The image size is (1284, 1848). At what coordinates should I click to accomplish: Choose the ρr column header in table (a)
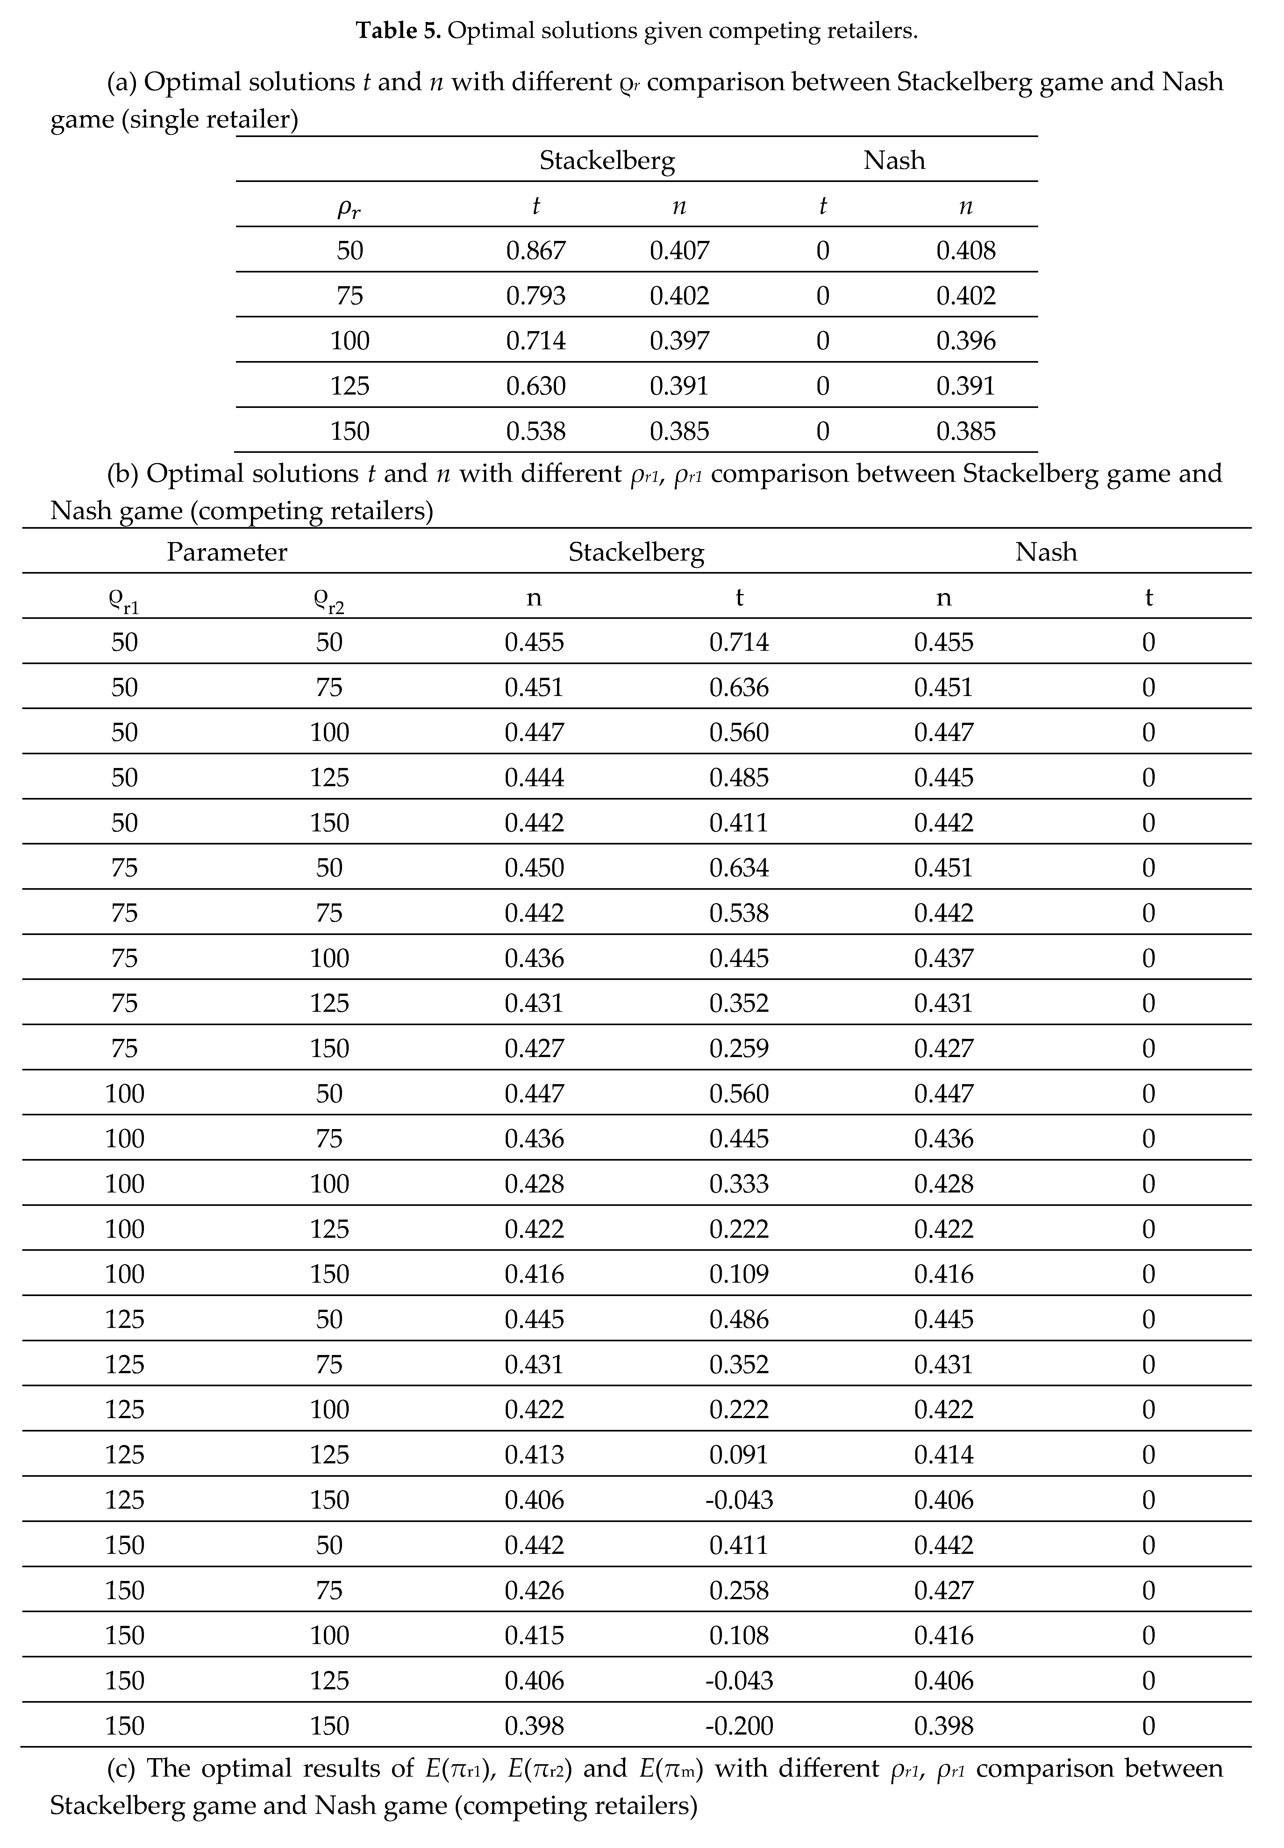(349, 208)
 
